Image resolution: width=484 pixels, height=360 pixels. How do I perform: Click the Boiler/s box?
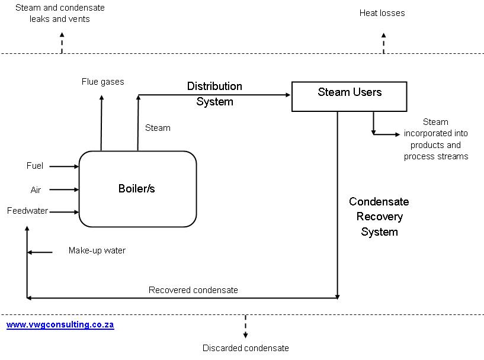coord(137,189)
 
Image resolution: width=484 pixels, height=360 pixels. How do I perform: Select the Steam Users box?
coord(349,96)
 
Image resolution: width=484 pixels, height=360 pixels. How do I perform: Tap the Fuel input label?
coord(35,166)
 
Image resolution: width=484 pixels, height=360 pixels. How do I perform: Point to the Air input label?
coord(36,190)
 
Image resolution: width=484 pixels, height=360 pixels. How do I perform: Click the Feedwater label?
coord(28,211)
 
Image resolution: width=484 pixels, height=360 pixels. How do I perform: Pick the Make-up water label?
coord(97,250)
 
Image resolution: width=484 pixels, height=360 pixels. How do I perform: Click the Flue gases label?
coord(103,82)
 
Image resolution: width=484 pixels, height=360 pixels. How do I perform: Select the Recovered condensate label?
coord(193,290)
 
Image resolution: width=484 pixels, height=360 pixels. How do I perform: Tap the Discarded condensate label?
coord(246,348)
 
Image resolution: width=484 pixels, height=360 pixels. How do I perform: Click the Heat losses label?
coord(382,13)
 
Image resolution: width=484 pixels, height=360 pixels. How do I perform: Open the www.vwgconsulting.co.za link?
coord(60,324)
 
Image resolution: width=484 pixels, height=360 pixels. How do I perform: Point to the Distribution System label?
coord(214,94)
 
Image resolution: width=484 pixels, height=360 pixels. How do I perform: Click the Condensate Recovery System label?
coord(379,217)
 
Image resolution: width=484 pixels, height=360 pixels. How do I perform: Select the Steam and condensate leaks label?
coord(60,13)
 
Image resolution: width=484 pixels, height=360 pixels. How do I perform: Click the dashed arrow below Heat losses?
coord(383,43)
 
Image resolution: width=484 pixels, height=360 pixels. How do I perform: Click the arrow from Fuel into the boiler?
coord(64,166)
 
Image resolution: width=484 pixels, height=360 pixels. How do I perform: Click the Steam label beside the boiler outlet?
coord(158,128)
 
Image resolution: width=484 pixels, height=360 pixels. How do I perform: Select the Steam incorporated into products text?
coord(436,139)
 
